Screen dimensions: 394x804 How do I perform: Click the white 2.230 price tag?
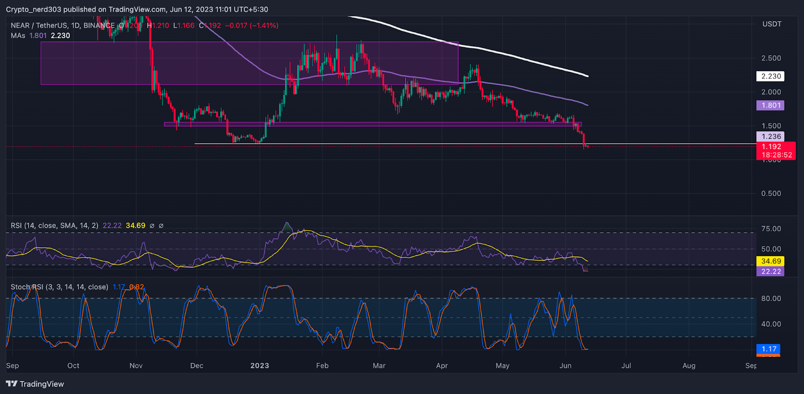(771, 76)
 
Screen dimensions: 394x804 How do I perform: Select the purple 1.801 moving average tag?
(771, 106)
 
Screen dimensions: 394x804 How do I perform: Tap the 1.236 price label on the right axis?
(771, 137)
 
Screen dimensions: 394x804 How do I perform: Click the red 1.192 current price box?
(776, 150)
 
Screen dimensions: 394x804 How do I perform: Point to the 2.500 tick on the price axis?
(771, 58)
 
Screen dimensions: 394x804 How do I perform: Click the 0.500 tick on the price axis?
(771, 193)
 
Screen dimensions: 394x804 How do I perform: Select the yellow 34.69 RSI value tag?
(771, 261)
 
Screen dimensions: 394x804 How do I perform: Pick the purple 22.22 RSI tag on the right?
(771, 271)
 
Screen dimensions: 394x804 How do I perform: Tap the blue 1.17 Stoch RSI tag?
(769, 349)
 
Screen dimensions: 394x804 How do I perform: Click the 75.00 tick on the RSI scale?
(771, 229)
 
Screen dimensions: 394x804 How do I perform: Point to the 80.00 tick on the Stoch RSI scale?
(771, 299)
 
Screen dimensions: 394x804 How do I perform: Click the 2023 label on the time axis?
(260, 366)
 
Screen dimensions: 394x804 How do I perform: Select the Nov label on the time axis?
(136, 366)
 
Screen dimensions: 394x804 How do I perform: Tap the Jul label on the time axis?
(626, 366)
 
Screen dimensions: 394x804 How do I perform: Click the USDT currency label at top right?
(772, 24)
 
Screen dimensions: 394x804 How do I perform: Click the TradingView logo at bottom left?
(35, 384)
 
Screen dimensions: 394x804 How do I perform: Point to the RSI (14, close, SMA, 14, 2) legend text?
(54, 226)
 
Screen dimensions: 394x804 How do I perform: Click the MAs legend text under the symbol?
(18, 36)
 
